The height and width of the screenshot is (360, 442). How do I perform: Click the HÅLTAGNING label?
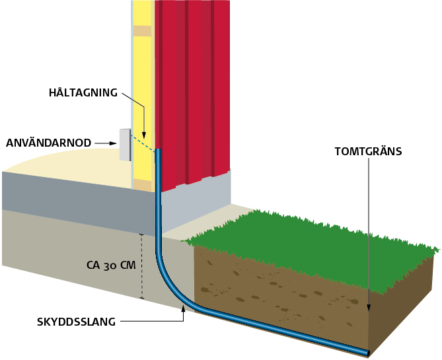(83, 92)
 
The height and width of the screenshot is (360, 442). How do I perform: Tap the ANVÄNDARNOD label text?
(48, 142)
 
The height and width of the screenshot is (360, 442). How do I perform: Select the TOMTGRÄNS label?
(368, 151)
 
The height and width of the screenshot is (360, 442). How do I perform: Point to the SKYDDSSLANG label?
(77, 322)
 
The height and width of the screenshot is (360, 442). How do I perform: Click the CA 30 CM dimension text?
(111, 266)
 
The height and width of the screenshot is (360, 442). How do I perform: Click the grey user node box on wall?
(124, 145)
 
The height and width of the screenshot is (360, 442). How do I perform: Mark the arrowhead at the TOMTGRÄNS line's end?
(369, 307)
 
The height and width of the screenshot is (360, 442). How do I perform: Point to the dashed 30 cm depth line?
(141, 266)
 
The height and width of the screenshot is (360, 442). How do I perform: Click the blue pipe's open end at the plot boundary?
(365, 352)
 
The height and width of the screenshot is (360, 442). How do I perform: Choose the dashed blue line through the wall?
(143, 143)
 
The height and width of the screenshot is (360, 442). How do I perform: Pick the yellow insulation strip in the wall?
(141, 79)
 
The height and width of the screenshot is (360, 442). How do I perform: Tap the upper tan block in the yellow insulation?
(141, 31)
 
